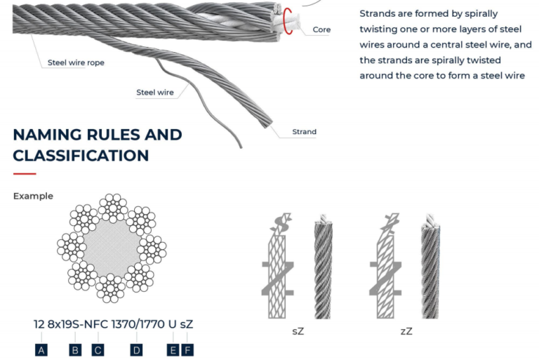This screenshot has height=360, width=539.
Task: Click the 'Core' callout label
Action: tap(321, 30)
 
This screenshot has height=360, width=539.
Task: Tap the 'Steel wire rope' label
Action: tap(76, 62)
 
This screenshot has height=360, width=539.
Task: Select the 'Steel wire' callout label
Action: tap(155, 92)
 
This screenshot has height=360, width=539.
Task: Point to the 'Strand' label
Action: tap(304, 132)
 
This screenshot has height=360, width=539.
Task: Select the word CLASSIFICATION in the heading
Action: tap(81, 155)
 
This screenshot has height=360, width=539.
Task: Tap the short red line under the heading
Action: tap(24, 173)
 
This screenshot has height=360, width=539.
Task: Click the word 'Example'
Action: tap(33, 196)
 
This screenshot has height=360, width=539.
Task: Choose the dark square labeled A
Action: tap(41, 349)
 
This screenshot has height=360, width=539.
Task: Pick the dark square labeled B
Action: tap(75, 349)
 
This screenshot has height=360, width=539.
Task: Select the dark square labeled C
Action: tap(98, 349)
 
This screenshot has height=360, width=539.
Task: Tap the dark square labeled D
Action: tap(136, 349)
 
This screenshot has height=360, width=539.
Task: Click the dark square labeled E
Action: tap(173, 349)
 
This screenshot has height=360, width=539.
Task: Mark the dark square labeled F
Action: tap(187, 349)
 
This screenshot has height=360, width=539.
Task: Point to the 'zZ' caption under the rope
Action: tap(406, 331)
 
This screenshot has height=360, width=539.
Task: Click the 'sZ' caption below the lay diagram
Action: tap(298, 331)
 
